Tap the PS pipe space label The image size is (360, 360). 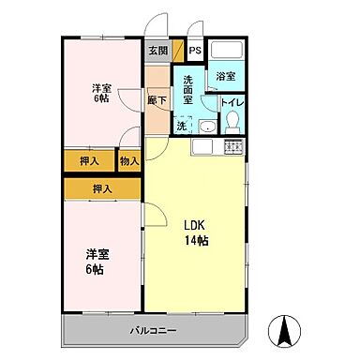pos(195,52)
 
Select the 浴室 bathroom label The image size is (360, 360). pos(226,76)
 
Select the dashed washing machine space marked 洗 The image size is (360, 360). pos(184,125)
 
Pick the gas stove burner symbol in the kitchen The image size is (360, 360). pos(232,147)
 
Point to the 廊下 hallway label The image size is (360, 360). pos(157,98)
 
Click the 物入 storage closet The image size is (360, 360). pos(130,161)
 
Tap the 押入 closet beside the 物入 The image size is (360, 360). pos(90,161)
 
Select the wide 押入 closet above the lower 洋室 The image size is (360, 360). pos(103,188)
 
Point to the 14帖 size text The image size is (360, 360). pos(195,242)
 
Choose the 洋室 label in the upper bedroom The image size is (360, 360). pos(100,88)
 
